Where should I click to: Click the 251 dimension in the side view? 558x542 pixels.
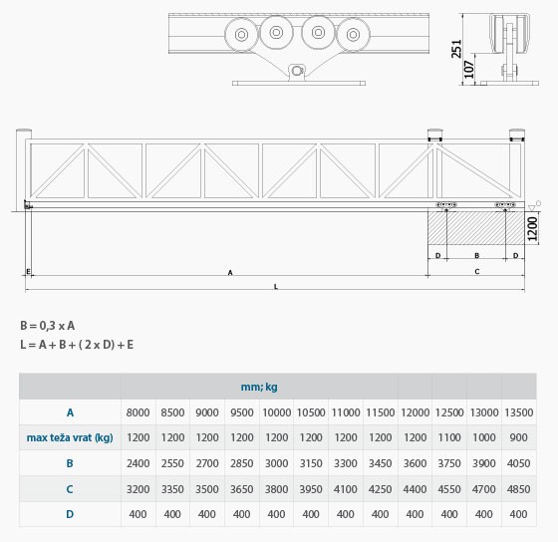pyautogui.click(x=456, y=49)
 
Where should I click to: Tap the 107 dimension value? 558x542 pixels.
pyautogui.click(x=469, y=70)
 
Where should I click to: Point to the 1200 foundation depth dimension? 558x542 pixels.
pyautogui.click(x=532, y=228)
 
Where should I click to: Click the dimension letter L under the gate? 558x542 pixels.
pyautogui.click(x=276, y=287)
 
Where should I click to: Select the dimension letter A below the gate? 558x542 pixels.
pyautogui.click(x=230, y=273)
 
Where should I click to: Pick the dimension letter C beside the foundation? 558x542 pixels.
pyautogui.click(x=477, y=272)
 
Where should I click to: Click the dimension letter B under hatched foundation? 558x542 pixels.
pyautogui.click(x=477, y=255)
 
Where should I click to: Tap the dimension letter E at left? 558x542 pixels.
pyautogui.click(x=29, y=272)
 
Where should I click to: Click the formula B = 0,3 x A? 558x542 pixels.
pyautogui.click(x=48, y=326)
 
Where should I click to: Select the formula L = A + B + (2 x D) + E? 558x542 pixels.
pyautogui.click(x=77, y=345)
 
